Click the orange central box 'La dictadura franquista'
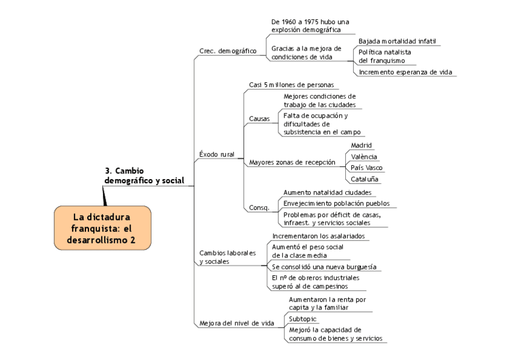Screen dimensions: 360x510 [x=102, y=229]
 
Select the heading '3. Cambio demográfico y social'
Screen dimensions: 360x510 [x=144, y=175]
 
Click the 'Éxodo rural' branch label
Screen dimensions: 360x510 [x=217, y=154]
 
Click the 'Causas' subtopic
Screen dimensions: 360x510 [x=259, y=118]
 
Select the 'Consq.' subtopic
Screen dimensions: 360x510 [x=259, y=208]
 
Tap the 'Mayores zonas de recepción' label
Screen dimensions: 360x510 [x=292, y=162]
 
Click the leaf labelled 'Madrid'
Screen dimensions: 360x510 [x=361, y=145]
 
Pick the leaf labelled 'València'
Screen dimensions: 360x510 [x=364, y=157]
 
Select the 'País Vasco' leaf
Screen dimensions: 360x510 [x=366, y=168]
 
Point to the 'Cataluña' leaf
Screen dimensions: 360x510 [x=365, y=179]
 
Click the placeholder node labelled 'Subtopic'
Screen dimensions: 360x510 [x=303, y=319]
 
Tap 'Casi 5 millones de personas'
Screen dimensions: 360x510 [x=291, y=85]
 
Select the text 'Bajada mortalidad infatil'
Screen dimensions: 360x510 [x=397, y=41]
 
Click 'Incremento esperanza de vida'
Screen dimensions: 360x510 [x=405, y=72]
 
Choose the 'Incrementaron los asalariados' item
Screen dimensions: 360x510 [x=318, y=236]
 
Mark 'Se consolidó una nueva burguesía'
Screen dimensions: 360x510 [x=324, y=266]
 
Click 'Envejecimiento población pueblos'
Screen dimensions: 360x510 [x=332, y=203]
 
